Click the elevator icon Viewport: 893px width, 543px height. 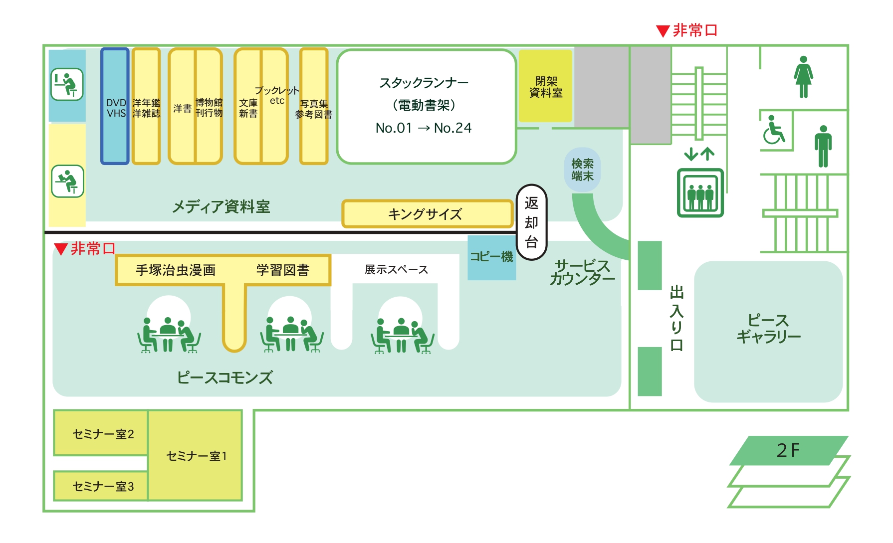click(x=700, y=192)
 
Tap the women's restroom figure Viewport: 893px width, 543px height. click(x=803, y=77)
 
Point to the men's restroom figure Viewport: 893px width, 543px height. click(x=823, y=146)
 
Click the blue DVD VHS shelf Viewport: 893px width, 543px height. click(x=115, y=106)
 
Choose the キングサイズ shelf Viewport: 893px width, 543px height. click(x=428, y=214)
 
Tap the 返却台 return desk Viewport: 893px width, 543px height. click(x=531, y=222)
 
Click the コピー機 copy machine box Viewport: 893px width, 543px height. click(x=491, y=257)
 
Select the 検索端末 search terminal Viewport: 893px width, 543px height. click(x=582, y=170)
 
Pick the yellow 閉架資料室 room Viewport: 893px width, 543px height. click(x=545, y=86)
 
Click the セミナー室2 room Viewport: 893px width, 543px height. click(x=101, y=433)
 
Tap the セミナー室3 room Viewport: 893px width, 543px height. click(x=101, y=486)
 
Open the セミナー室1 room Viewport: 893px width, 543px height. click(x=196, y=455)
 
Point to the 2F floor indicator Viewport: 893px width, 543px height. click(x=788, y=450)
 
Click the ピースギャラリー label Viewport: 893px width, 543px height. click(x=768, y=329)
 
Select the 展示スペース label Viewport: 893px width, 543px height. click(x=396, y=270)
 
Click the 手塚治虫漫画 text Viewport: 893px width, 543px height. click(x=176, y=270)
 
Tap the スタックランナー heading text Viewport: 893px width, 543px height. click(x=424, y=83)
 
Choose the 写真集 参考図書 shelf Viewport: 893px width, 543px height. click(x=314, y=106)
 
